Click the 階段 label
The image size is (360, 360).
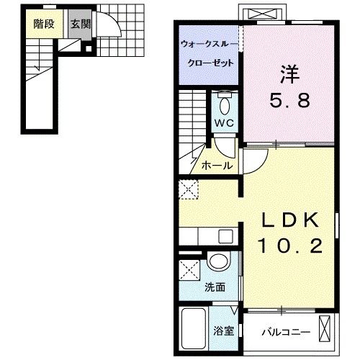click(44, 22)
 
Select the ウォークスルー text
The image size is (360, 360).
click(207, 45)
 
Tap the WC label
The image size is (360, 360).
click(224, 124)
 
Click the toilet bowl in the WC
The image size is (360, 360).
click(224, 106)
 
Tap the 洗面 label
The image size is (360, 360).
click(215, 287)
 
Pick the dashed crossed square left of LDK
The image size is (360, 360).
click(189, 189)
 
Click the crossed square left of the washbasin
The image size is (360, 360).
click(191, 271)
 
